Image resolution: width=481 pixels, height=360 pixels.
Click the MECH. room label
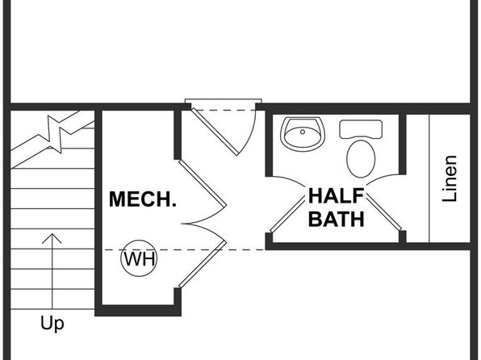point(143,199)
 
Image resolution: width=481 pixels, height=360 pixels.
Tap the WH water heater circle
point(139,258)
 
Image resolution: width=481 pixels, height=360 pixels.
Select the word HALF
point(337,196)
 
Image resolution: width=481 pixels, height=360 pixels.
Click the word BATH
point(337,219)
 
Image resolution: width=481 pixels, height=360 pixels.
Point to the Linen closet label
point(450,178)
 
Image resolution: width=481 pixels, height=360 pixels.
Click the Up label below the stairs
point(52,324)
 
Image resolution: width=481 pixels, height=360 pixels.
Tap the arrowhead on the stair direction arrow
point(52,238)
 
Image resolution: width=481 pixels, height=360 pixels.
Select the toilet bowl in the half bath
point(361,159)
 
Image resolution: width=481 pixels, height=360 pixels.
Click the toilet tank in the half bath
point(361,129)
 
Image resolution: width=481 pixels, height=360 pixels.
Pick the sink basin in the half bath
point(303,134)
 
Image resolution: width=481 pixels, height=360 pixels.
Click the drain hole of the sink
point(303,132)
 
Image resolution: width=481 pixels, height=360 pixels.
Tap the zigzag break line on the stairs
point(55,133)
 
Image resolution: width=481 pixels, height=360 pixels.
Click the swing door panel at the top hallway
point(214,132)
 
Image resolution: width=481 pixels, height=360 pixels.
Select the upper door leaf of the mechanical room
point(203,183)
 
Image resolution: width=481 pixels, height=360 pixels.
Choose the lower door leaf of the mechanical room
point(203,265)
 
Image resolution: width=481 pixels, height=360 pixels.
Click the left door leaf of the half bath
point(287,216)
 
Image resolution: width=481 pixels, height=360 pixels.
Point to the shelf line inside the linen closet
point(429,178)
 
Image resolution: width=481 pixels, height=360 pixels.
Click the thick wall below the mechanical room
point(138,311)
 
